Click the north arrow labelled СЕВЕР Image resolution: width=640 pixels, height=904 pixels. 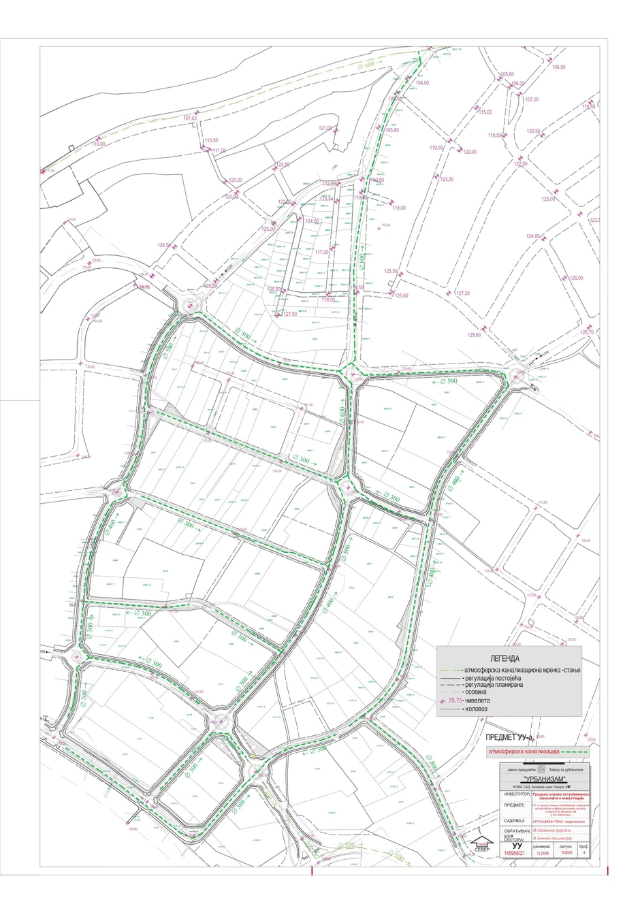(481, 844)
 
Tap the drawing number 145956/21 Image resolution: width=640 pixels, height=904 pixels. (515, 853)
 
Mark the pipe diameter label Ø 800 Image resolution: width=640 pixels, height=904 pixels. (353, 257)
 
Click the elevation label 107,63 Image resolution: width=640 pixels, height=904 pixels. (190, 118)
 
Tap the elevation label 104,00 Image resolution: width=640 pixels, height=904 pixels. (422, 82)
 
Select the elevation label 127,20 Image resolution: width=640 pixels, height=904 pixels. (463, 293)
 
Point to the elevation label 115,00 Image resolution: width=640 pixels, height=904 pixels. (485, 112)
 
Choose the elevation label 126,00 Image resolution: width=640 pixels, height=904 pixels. (577, 278)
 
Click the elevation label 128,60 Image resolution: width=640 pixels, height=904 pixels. (475, 334)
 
